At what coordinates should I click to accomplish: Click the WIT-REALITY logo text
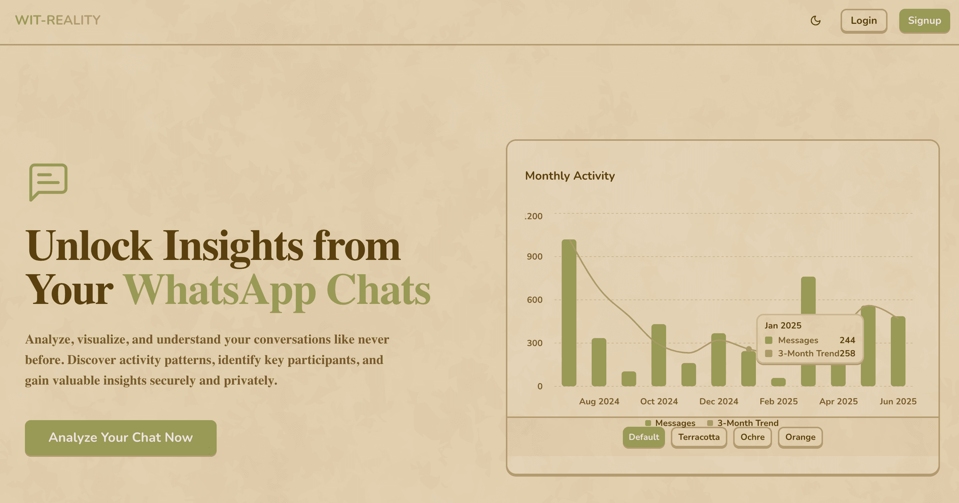coord(58,20)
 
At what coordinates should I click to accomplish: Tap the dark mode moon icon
coord(815,21)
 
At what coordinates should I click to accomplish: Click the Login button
coord(864,21)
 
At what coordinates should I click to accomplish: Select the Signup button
coord(925,21)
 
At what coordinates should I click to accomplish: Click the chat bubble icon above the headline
coord(48,182)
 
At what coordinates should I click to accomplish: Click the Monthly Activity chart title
coord(570,176)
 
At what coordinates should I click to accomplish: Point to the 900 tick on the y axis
coord(534,257)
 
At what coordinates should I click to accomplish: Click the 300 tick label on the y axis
coord(534,343)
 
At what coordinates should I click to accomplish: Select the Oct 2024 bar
coord(658,355)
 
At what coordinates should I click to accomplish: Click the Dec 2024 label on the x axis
coord(719,401)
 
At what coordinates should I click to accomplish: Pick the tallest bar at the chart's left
coord(569,313)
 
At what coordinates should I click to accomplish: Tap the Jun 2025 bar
coord(898,351)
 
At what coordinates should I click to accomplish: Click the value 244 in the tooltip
coord(847,340)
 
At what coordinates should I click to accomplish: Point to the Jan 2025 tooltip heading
coord(783,326)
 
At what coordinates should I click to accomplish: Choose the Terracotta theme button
coord(699,437)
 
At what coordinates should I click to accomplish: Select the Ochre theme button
coord(752,437)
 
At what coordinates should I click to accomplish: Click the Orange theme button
coord(800,437)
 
